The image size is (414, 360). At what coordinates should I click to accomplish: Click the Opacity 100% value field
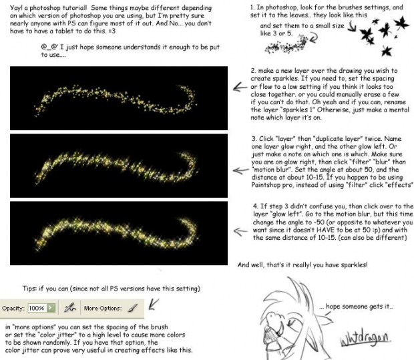click(x=36, y=308)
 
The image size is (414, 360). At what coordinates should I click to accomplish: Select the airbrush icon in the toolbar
click(x=69, y=308)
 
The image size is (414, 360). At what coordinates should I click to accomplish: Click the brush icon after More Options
click(x=132, y=308)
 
